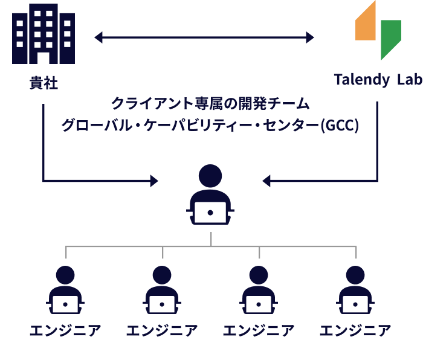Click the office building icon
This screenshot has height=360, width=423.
pyautogui.click(x=44, y=34)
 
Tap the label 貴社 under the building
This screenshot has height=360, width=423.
pyautogui.click(x=44, y=83)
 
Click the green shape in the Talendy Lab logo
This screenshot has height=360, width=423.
pyautogui.click(x=390, y=37)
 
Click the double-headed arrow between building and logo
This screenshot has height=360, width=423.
pyautogui.click(x=204, y=38)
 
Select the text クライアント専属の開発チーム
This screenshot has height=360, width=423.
pyautogui.click(x=210, y=103)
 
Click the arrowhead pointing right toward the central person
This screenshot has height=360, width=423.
pyautogui.click(x=153, y=180)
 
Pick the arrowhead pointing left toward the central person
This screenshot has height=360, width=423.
pyautogui.click(x=267, y=180)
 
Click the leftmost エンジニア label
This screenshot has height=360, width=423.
pyautogui.click(x=66, y=331)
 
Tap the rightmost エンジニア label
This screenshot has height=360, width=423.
pyautogui.click(x=356, y=331)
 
